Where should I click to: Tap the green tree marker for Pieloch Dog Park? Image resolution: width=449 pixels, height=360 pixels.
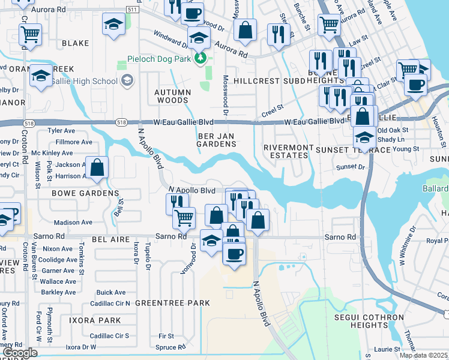point(202,59)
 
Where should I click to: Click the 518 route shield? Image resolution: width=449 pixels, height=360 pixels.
point(122,122)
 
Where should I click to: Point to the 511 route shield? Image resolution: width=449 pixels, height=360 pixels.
point(133,10)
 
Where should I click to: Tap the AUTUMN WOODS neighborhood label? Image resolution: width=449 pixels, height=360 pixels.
point(173,97)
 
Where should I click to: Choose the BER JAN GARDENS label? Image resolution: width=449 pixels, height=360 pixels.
point(217,140)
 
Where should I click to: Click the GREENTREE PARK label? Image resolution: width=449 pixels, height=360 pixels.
point(172,303)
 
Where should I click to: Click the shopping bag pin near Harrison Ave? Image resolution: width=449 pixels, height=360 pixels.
point(97,168)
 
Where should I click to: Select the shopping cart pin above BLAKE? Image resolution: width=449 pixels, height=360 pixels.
point(30,35)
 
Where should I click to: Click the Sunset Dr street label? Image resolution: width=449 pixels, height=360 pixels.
point(351,167)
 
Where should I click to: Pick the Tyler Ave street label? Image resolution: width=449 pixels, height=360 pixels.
point(61,130)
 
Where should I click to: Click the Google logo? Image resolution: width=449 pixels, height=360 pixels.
point(20,353)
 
